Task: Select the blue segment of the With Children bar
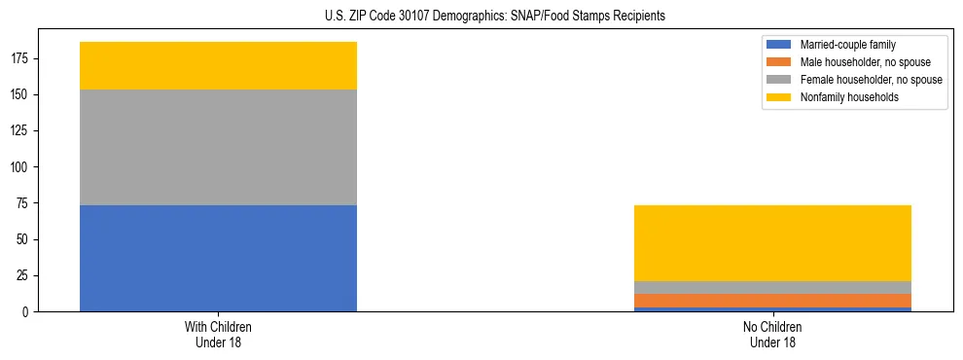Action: (218, 258)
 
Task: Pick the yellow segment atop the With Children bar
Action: (218, 65)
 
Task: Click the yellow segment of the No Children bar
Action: (772, 243)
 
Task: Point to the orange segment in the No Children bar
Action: (772, 301)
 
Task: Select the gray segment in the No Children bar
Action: (772, 287)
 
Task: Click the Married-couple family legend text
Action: (847, 45)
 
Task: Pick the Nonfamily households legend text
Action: (849, 97)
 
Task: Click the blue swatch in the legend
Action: (779, 45)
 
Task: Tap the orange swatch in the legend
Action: (779, 62)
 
